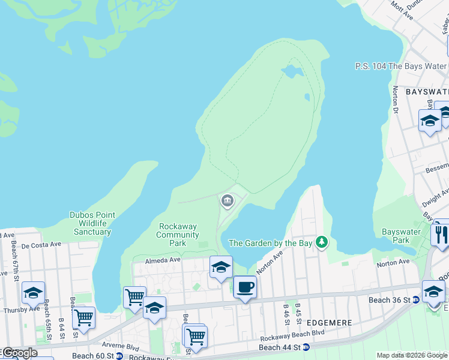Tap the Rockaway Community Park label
coord(178,235)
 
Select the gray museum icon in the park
coord(228,201)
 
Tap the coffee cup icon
coord(244,287)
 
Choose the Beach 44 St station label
coord(279,347)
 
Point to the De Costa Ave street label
coord(41,245)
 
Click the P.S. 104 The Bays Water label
coord(400,66)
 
